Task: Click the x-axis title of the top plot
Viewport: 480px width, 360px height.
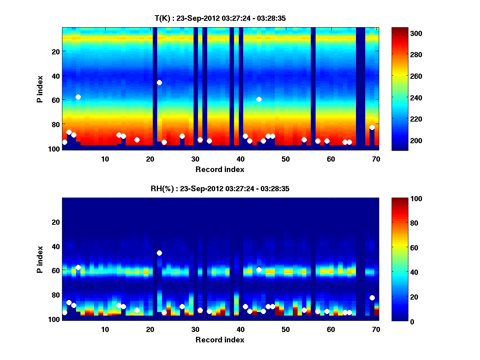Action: click(220, 169)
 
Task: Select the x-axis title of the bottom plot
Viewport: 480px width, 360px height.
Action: click(220, 340)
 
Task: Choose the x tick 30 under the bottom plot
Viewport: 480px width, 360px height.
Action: click(195, 329)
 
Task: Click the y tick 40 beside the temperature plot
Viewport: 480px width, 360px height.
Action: click(55, 76)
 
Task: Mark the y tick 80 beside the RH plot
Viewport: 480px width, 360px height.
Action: click(55, 295)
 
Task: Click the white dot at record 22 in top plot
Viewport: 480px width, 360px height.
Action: click(159, 82)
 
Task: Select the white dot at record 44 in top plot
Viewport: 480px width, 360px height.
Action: click(259, 99)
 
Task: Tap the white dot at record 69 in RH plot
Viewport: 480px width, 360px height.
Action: click(372, 298)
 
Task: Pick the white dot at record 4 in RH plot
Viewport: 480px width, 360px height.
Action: click(78, 267)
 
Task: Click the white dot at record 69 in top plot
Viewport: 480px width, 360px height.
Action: click(372, 127)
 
